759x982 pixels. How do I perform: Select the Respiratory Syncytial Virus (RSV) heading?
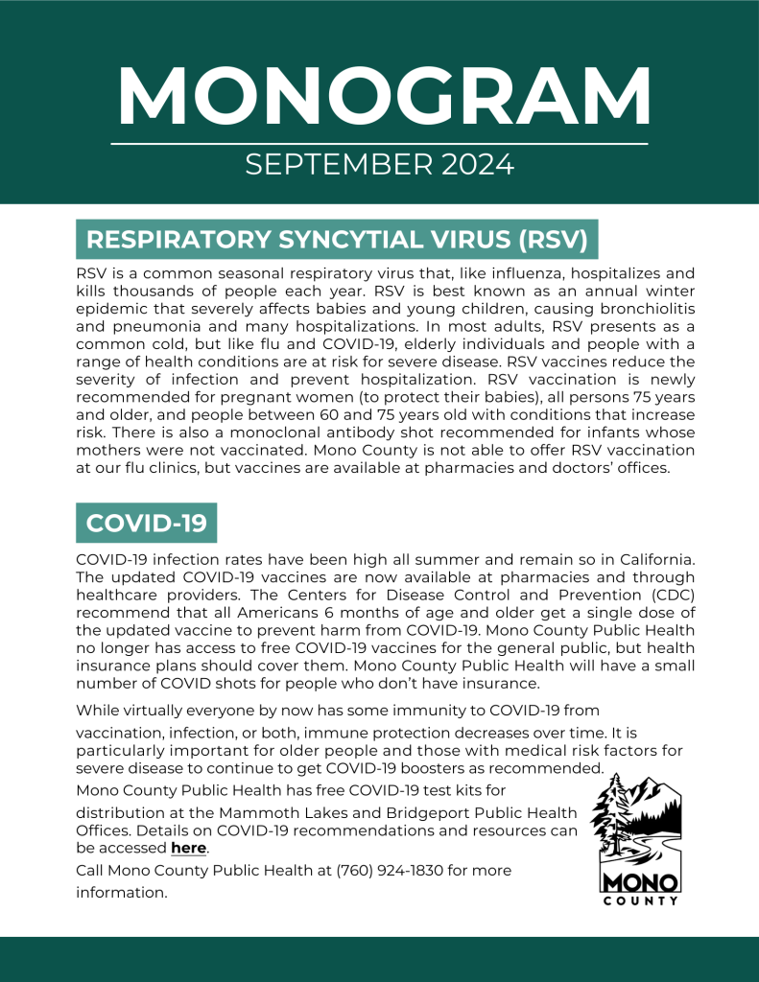(x=337, y=240)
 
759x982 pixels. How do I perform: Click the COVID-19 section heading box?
(x=146, y=523)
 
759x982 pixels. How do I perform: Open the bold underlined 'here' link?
(x=189, y=849)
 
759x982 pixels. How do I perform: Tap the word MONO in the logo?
(x=640, y=881)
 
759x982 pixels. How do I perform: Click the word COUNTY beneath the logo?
(x=640, y=900)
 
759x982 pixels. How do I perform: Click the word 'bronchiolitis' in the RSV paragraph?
(x=641, y=309)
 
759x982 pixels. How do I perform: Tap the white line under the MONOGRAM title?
(x=379, y=144)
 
